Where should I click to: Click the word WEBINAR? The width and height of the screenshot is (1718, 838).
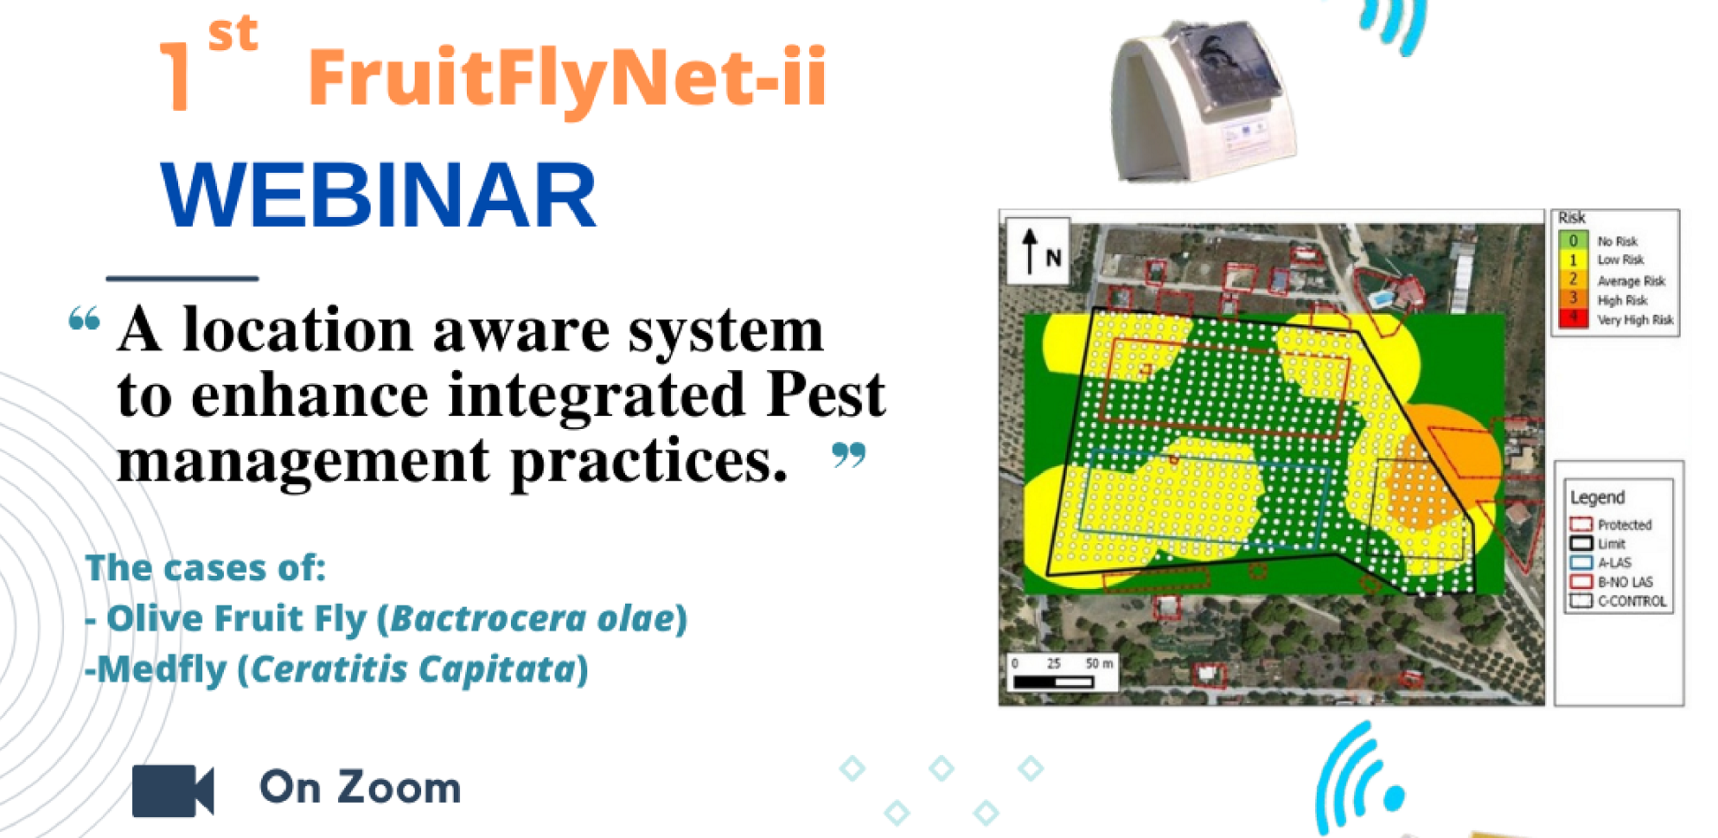pos(379,195)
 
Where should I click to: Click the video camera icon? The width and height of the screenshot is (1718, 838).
pos(173,790)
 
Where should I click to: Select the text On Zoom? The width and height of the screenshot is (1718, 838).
pos(360,787)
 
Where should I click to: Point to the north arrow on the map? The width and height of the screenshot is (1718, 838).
pos(1030,251)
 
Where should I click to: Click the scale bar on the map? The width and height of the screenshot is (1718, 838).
pos(1053,681)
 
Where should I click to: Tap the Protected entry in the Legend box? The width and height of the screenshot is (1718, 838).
pos(1611,524)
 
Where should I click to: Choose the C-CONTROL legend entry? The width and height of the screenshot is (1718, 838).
pos(1618,600)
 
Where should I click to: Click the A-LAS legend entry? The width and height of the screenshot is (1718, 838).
pos(1600,562)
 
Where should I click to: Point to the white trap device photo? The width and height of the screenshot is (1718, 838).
pos(1202,102)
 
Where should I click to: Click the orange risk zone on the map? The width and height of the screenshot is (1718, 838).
pos(1435,467)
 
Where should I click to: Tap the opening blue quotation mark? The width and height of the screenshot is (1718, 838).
pos(84,319)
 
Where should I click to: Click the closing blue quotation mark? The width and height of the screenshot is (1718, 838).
pos(848,455)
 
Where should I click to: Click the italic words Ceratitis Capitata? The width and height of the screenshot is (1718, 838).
pos(413,669)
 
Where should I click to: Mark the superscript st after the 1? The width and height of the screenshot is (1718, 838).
pos(233,35)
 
